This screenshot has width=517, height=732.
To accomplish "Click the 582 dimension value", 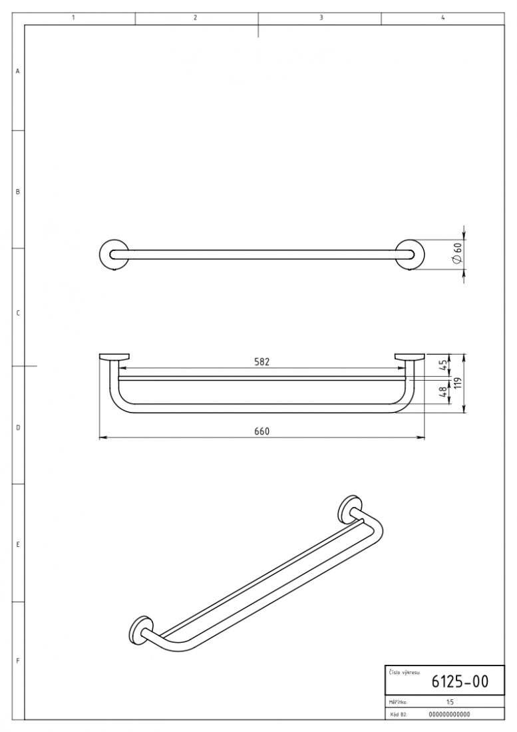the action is click(261, 362).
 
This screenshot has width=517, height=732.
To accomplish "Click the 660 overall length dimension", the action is click(261, 431).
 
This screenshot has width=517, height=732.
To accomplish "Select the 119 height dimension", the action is click(459, 383).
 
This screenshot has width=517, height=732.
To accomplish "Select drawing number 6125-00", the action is click(460, 682).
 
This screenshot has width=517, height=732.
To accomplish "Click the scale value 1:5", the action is click(450, 702).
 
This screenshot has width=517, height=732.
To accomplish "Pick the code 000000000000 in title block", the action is click(449, 714).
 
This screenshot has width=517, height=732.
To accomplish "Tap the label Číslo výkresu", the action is click(404, 673).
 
